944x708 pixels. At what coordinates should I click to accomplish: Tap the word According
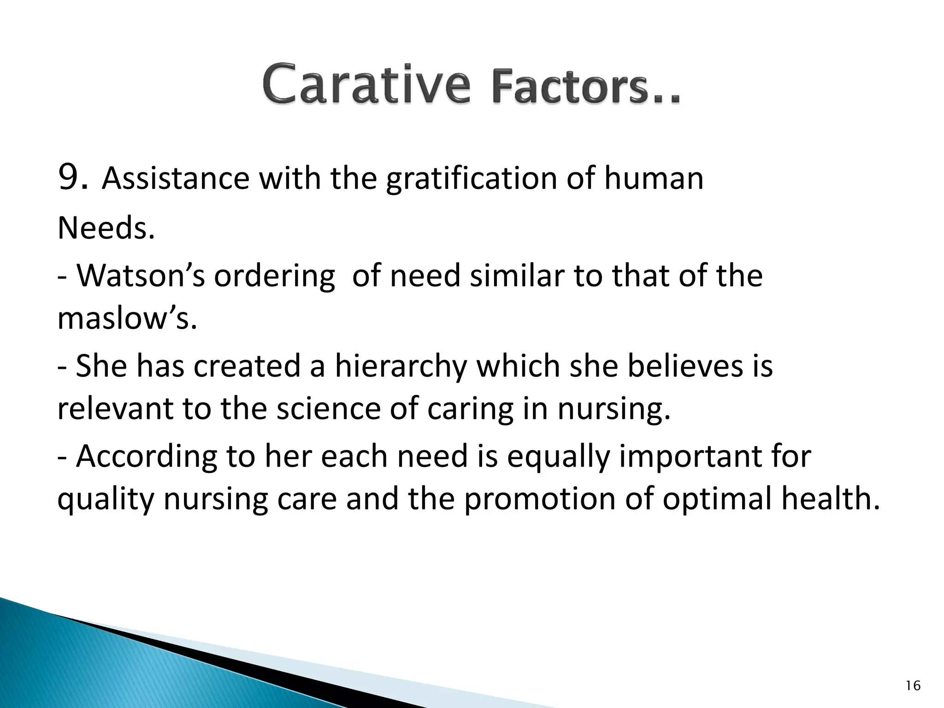[146, 457]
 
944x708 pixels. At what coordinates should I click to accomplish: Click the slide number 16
[913, 686]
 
